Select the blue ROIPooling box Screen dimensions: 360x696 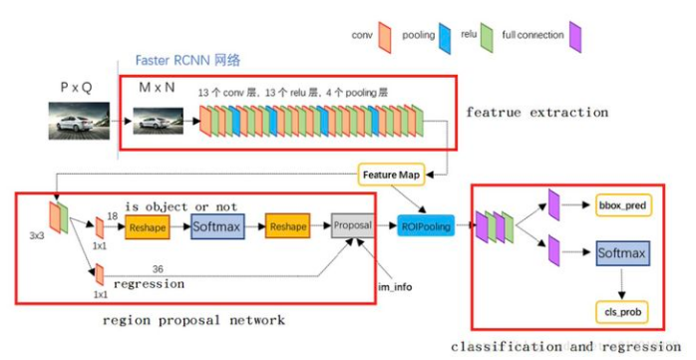(425, 225)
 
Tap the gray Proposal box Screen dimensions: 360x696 (352, 225)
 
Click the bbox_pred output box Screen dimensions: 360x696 (622, 204)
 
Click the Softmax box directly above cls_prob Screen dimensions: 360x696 (623, 253)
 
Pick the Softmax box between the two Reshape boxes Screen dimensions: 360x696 (217, 227)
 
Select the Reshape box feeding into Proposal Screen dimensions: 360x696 (287, 227)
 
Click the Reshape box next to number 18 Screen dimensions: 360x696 (148, 227)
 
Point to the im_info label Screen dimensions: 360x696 (394, 286)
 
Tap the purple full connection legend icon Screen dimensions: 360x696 (574, 38)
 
